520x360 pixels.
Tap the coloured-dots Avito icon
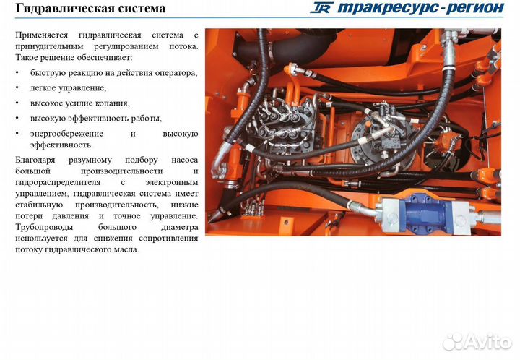[x=453, y=340]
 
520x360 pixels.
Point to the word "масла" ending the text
[x=126, y=249]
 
